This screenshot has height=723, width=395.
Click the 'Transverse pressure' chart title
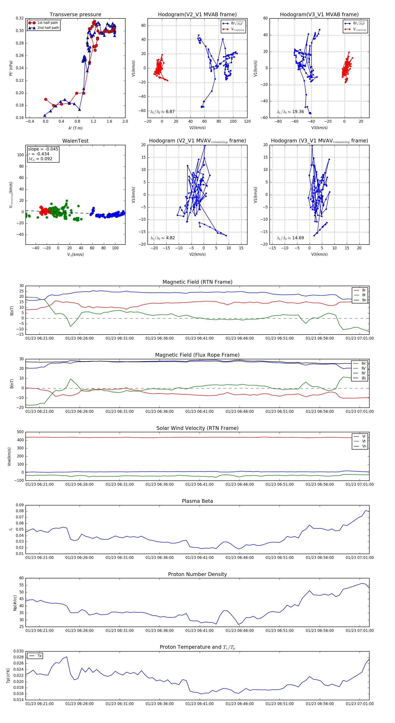[x=75, y=15]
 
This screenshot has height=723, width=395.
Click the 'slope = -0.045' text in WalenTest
[x=43, y=149]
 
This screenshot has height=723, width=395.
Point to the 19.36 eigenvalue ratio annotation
[x=290, y=112]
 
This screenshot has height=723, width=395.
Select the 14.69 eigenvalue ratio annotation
[x=290, y=238]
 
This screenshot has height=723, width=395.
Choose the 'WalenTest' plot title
[x=75, y=141]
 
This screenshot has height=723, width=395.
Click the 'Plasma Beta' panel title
[x=197, y=501]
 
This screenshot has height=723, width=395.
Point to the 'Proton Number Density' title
[x=197, y=574]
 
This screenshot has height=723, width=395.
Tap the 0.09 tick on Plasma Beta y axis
[x=20, y=505]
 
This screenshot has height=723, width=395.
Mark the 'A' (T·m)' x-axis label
[x=75, y=128]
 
